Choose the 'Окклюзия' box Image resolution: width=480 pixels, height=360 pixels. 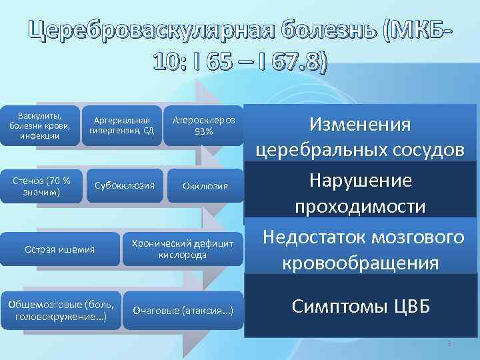[205, 186]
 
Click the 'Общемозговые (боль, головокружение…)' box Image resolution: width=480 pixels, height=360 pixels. [61, 309]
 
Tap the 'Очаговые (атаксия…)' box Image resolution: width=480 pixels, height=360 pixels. [183, 309]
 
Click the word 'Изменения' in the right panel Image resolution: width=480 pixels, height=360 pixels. [361, 125]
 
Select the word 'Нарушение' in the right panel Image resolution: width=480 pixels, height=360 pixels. [361, 181]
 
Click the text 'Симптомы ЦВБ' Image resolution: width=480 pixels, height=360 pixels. [361, 306]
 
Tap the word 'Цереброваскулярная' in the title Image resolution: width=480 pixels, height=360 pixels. [143, 29]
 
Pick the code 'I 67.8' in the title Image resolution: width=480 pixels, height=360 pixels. [289, 63]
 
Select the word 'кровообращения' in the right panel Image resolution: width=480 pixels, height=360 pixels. [361, 263]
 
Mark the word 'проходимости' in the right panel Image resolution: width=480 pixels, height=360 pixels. [361, 207]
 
